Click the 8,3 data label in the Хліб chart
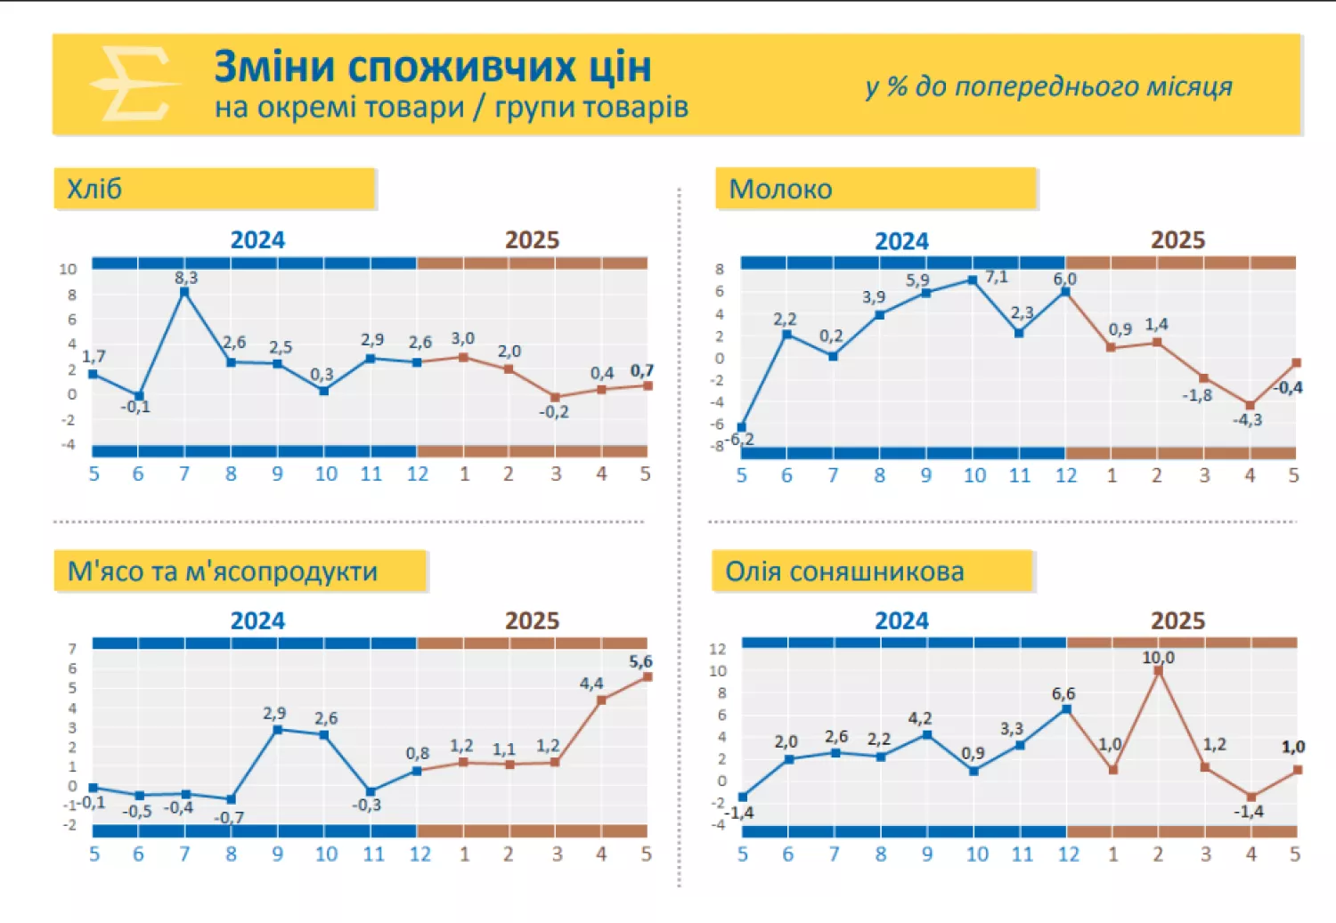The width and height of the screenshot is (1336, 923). pos(186,278)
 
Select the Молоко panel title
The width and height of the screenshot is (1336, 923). pos(780,189)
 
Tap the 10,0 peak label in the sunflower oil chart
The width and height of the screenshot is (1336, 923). pos(1158,658)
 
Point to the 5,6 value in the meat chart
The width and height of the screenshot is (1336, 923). pos(640,661)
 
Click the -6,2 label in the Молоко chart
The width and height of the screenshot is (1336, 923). pos(739,439)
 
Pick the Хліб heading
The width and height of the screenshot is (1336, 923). pos(94,189)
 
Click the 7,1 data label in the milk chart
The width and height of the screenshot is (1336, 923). pos(997,277)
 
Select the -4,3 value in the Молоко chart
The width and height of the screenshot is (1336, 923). pos(1247,419)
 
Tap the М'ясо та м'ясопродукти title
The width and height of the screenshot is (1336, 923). pos(223,571)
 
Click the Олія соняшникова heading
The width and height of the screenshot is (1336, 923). pos(844,571)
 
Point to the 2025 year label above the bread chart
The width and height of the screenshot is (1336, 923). pos(532,240)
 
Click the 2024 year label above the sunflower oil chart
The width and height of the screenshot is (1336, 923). pos(901,620)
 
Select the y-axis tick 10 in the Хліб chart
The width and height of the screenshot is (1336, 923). pos(68,269)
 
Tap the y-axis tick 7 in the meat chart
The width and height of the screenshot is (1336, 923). pos(72,649)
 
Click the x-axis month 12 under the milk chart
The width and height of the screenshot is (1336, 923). pos(1066,475)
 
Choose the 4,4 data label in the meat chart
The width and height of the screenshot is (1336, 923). pos(591,684)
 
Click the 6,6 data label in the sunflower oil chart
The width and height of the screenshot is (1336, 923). pos(1063,693)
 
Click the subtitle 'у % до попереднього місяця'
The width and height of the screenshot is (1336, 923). pos(1048,86)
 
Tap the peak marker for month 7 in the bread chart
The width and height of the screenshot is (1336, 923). pos(184,292)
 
